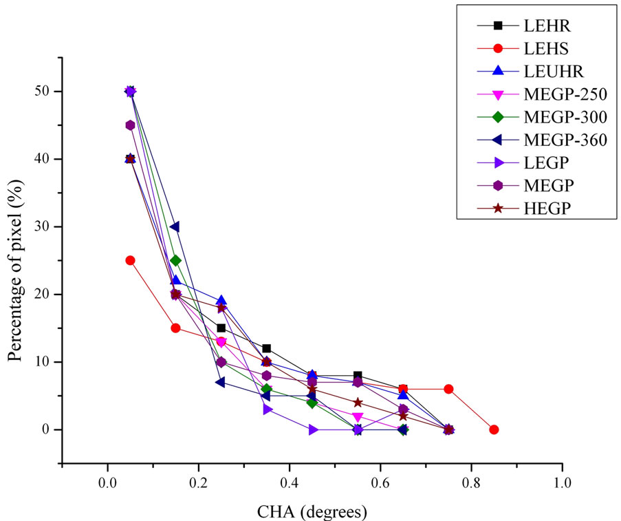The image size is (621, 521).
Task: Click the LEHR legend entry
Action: click(x=536, y=25)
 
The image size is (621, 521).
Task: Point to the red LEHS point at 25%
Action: click(x=130, y=260)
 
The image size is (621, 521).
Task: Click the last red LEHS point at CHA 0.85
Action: click(x=494, y=429)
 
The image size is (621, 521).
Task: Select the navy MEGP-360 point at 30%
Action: click(x=175, y=226)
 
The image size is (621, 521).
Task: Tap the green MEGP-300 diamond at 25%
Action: click(x=175, y=260)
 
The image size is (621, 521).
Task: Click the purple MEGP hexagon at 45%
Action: click(x=130, y=125)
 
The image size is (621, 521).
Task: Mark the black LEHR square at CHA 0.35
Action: click(x=266, y=348)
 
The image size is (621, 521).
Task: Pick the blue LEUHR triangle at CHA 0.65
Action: click(x=403, y=395)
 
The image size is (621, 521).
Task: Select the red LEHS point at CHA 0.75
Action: click(x=448, y=389)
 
